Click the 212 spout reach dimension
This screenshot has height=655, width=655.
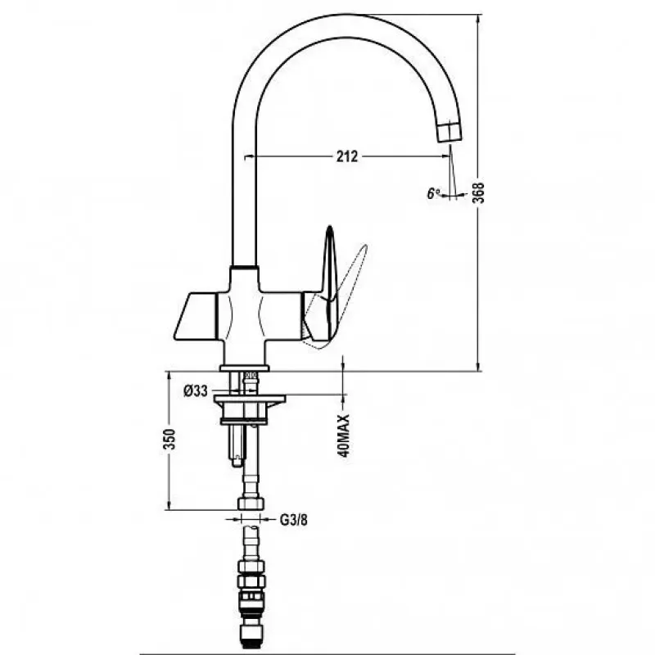(347, 156)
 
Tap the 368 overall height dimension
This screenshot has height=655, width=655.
(479, 192)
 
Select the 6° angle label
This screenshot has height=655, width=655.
(433, 193)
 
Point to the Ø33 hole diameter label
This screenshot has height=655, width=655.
(196, 391)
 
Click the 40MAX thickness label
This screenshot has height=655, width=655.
(343, 436)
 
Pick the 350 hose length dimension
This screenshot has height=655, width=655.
(169, 439)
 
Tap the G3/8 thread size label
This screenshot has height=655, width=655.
(293, 520)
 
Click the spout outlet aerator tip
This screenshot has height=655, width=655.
(450, 131)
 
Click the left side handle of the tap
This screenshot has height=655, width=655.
(196, 316)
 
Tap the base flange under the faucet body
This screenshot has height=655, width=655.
(245, 368)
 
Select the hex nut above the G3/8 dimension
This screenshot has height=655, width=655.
(251, 502)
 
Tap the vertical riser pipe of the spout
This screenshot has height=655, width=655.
(243, 183)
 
